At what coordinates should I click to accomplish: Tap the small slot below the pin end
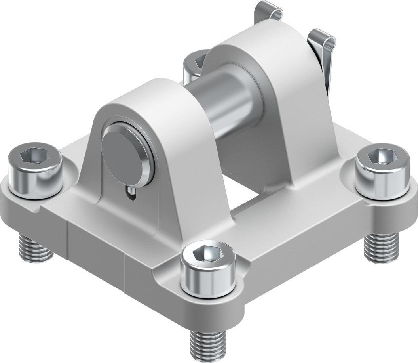click(131, 193)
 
